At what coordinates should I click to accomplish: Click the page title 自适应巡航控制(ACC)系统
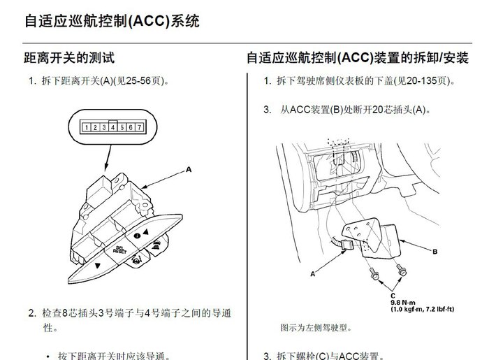click(112, 21)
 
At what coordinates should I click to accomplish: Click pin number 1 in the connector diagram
click(85, 127)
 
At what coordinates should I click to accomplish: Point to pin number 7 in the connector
click(140, 127)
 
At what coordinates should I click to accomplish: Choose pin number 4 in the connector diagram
click(112, 127)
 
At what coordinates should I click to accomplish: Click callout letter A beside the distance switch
click(188, 169)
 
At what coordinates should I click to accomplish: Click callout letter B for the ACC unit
click(435, 251)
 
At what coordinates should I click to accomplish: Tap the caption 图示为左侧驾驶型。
click(316, 327)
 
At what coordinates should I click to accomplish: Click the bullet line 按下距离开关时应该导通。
click(116, 355)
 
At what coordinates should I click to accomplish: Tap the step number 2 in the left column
click(31, 313)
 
